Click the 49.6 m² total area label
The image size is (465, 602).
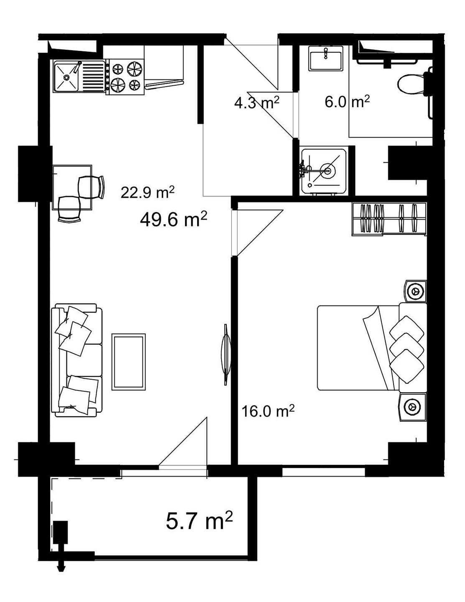coord(173,220)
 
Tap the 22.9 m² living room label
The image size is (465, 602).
coord(147,192)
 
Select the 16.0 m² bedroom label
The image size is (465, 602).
coord(268,411)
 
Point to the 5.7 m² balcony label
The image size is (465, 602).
coord(199,521)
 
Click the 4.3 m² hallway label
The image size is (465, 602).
coord(257,103)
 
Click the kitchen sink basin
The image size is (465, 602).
coord(66,77)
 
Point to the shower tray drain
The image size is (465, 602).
coord(328,171)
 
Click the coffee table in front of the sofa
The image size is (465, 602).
coord(128,362)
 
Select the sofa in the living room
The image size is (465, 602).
coord(76,360)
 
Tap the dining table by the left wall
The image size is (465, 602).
coord(72,187)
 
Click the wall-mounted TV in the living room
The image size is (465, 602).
coord(226,355)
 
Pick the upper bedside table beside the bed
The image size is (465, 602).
coord(415,291)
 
